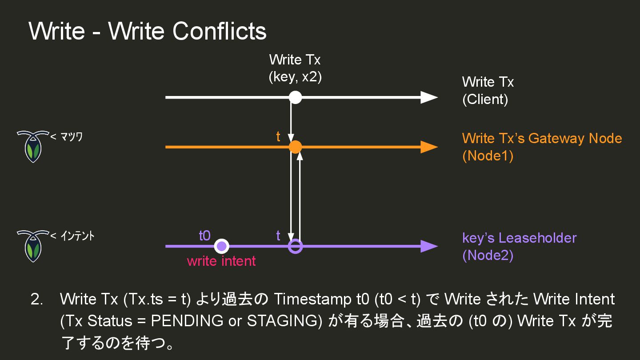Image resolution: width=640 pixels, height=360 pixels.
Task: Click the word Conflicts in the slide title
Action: click(x=220, y=31)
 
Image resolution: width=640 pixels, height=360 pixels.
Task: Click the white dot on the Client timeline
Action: click(x=295, y=97)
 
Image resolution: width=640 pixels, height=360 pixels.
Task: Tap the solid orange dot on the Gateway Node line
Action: click(x=295, y=147)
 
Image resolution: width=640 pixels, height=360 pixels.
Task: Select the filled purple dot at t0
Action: click(x=221, y=246)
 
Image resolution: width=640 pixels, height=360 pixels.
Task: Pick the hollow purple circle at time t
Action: click(x=295, y=246)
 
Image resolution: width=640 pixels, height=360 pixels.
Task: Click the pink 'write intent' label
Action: click(x=221, y=261)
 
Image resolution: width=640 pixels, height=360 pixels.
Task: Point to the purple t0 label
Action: click(x=204, y=236)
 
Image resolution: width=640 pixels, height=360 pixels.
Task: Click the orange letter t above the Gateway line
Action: click(x=278, y=137)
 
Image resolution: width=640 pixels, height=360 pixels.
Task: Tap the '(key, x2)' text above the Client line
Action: click(x=295, y=77)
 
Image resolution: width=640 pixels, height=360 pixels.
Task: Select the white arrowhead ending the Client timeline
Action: click(x=428, y=97)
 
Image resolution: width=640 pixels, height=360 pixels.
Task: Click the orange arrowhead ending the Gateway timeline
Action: click(x=428, y=147)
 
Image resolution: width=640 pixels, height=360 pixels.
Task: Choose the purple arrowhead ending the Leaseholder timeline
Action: click(x=428, y=246)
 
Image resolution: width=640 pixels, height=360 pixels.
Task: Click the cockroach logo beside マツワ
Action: click(x=32, y=146)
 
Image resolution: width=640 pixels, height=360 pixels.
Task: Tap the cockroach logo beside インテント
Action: click(x=32, y=245)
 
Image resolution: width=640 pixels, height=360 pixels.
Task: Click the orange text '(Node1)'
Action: click(x=488, y=156)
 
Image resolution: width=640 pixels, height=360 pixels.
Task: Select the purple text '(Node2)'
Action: click(x=488, y=256)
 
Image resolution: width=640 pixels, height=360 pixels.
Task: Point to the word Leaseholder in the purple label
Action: click(x=537, y=238)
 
